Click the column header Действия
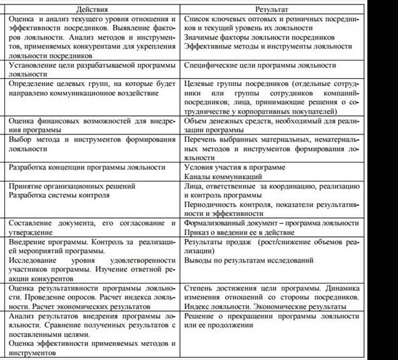[92, 10]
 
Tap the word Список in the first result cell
[196, 20]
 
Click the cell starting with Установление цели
[92, 69]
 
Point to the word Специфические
[210, 66]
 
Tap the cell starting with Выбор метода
[92, 144]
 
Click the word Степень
[198, 289]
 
